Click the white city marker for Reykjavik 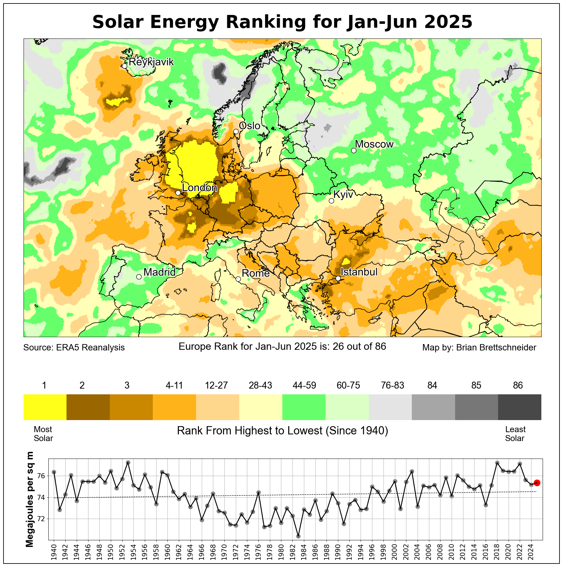tap(124, 66)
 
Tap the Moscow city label tap(374, 144)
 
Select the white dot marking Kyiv tap(331, 201)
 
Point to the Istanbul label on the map tap(359, 272)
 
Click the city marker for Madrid tap(139, 277)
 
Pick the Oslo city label tap(250, 126)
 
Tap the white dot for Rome tap(238, 279)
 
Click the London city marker tap(178, 193)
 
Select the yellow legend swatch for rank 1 tap(45, 407)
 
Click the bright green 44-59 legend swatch tap(304, 407)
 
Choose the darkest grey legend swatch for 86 tap(519, 407)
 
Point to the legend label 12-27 tap(216, 385)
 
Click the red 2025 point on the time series tap(537, 483)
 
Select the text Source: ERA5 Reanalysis tap(74, 348)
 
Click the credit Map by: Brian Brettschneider tap(479, 348)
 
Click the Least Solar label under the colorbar tap(515, 434)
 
